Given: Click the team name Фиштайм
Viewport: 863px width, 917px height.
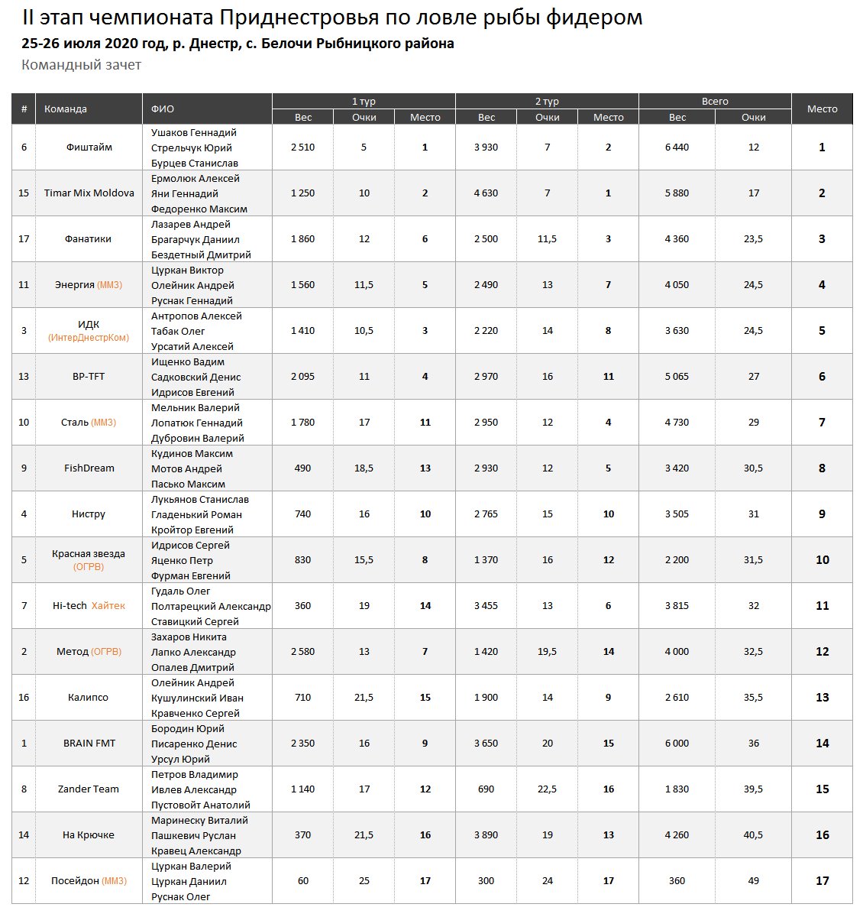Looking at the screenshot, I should [89, 147].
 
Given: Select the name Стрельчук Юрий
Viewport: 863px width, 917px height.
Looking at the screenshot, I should [191, 147].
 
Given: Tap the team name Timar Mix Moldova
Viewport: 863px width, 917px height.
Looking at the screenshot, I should [89, 193].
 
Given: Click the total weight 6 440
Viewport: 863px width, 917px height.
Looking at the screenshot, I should [677, 147].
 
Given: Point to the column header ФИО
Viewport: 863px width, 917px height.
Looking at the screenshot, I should [163, 109].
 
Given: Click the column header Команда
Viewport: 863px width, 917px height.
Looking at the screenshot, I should [66, 109].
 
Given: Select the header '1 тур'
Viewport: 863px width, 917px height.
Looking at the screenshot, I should [364, 102].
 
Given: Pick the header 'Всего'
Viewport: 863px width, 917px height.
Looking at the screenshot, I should [715, 102].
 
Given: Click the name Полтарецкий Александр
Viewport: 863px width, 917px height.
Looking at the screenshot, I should [211, 606].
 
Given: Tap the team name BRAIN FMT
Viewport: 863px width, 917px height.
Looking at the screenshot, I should [89, 744].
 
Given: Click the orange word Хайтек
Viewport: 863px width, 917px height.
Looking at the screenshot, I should [108, 606].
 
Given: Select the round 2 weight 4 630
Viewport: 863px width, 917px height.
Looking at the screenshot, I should [486, 193].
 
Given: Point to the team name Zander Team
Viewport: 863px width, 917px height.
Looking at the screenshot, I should [89, 789].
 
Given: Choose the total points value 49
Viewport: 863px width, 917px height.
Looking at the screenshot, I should [753, 881].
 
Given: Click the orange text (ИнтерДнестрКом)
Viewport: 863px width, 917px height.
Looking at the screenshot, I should [89, 338].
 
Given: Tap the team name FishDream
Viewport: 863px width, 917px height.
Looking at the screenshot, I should [89, 468].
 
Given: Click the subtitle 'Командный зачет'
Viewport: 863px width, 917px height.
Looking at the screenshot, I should [82, 65].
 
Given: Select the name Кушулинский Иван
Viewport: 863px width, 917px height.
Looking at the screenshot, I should [197, 698].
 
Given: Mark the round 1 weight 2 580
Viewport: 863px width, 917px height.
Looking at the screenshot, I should [302, 652].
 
